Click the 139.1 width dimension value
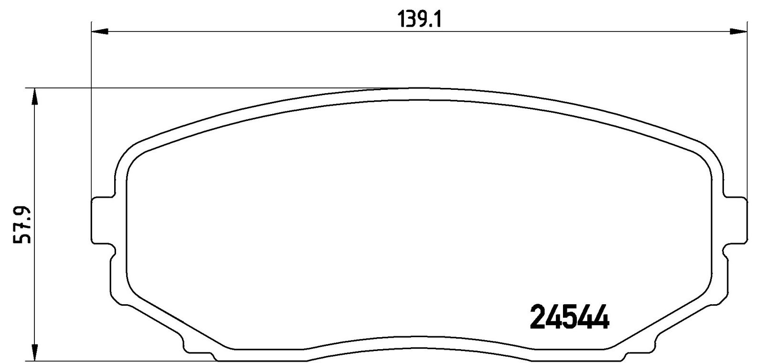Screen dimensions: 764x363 (x=419, y=20)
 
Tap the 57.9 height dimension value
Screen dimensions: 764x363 (x=22, y=225)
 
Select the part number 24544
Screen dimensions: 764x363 (x=569, y=317)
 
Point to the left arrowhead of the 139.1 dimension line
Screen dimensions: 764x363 (x=100, y=32)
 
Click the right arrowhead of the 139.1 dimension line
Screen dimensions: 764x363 (x=738, y=32)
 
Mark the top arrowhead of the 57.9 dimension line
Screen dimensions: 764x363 (x=34, y=96)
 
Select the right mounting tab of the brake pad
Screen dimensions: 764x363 (x=735, y=220)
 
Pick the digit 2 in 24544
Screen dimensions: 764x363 (x=538, y=317)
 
